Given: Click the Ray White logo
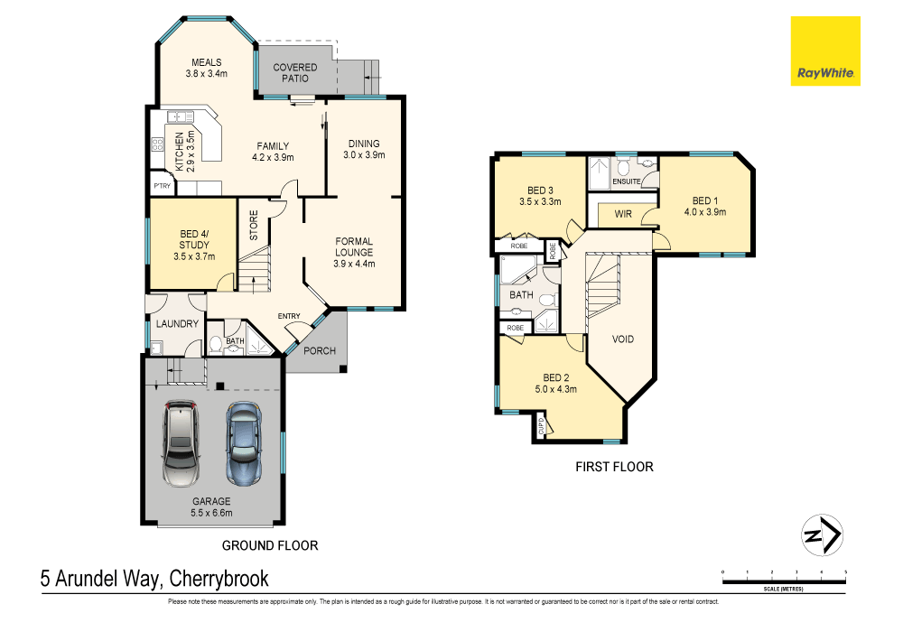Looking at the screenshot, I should (x=825, y=51).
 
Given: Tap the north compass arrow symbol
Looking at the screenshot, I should (x=822, y=535).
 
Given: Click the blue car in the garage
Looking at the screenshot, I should (x=243, y=443).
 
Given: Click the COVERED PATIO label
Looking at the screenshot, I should (x=295, y=73).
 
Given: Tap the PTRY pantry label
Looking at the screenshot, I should (x=162, y=187).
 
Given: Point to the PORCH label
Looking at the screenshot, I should (x=320, y=351).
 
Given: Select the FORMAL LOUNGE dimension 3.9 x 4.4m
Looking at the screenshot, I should (x=354, y=264).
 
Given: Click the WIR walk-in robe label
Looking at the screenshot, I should (x=622, y=214).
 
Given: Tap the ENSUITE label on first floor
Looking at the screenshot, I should (x=626, y=181).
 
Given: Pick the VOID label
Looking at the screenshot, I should (x=623, y=339).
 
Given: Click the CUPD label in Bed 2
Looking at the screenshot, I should (x=541, y=425).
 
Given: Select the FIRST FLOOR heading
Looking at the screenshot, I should (x=614, y=467).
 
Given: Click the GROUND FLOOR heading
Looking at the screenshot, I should (x=270, y=545).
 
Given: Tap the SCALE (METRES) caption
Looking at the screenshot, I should (x=783, y=589).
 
